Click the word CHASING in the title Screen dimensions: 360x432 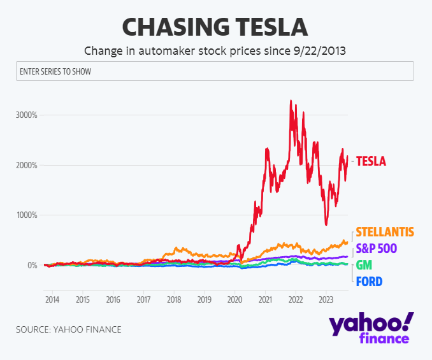pyautogui.click(x=168, y=27)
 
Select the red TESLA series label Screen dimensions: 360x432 pyautogui.click(x=371, y=161)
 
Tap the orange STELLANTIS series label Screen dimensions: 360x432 pyautogui.click(x=385, y=232)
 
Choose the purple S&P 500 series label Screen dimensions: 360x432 pyautogui.click(x=376, y=248)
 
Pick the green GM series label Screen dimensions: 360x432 pyautogui.click(x=364, y=265)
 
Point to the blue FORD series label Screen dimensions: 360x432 pyautogui.click(x=369, y=281)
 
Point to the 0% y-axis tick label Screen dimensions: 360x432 pyautogui.click(x=31, y=265)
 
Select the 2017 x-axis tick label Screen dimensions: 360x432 pyautogui.click(x=143, y=299)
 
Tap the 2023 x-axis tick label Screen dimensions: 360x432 pyautogui.click(x=326, y=299)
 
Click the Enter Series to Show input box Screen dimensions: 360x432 pyautogui.click(x=215, y=71)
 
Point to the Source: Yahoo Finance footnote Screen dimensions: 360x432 pyautogui.click(x=68, y=329)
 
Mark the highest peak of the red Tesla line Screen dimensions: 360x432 pyautogui.click(x=291, y=101)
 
